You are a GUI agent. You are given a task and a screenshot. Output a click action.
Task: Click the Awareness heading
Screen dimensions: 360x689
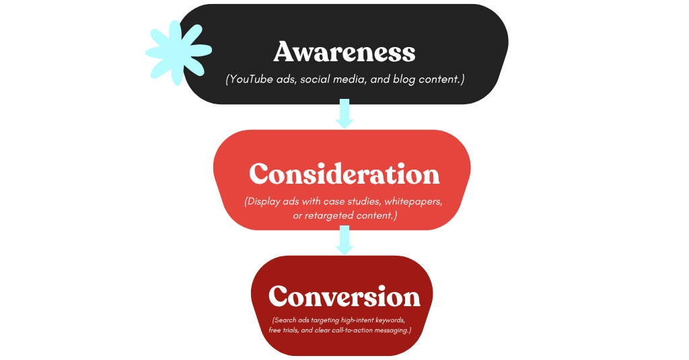coord(344,52)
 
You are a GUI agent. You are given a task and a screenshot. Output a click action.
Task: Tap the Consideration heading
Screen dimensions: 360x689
coord(344,174)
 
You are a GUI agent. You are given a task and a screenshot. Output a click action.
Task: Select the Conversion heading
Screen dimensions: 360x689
coord(344,297)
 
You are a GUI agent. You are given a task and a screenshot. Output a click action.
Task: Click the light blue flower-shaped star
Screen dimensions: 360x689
coord(177,52)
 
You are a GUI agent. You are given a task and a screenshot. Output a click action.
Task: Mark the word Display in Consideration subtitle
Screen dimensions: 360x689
coord(266,202)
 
